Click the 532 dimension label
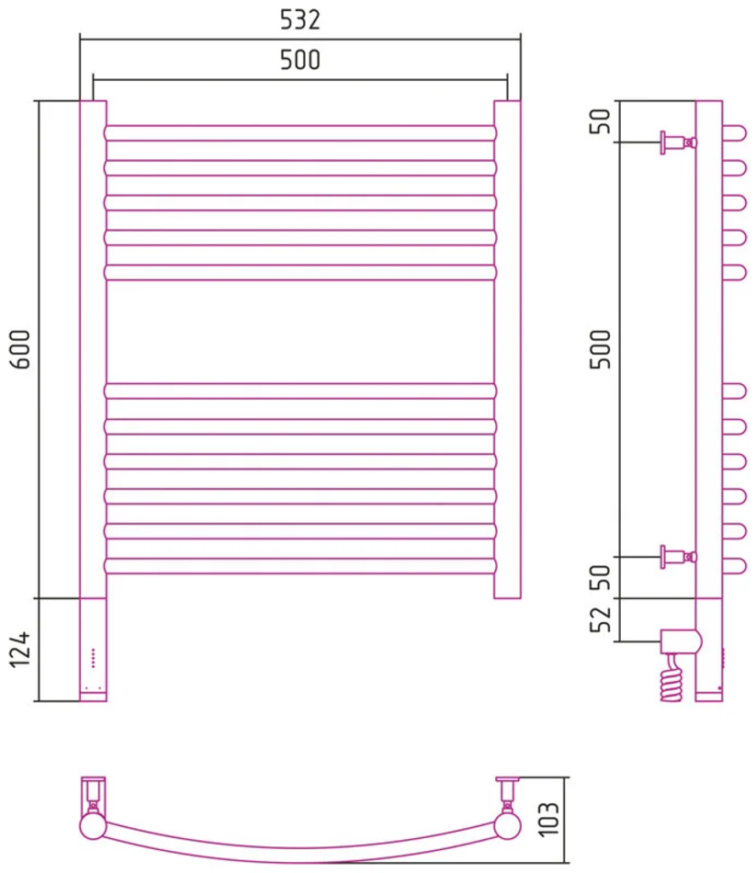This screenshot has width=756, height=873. (x=300, y=20)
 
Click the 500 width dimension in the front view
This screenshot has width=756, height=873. (x=300, y=60)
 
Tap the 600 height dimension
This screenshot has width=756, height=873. (x=21, y=349)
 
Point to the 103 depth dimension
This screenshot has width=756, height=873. (x=549, y=819)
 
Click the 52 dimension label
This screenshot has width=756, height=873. (x=601, y=619)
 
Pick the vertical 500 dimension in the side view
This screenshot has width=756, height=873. (x=601, y=349)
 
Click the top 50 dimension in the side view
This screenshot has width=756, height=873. (x=601, y=120)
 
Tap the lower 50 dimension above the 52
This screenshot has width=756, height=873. (x=601, y=577)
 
